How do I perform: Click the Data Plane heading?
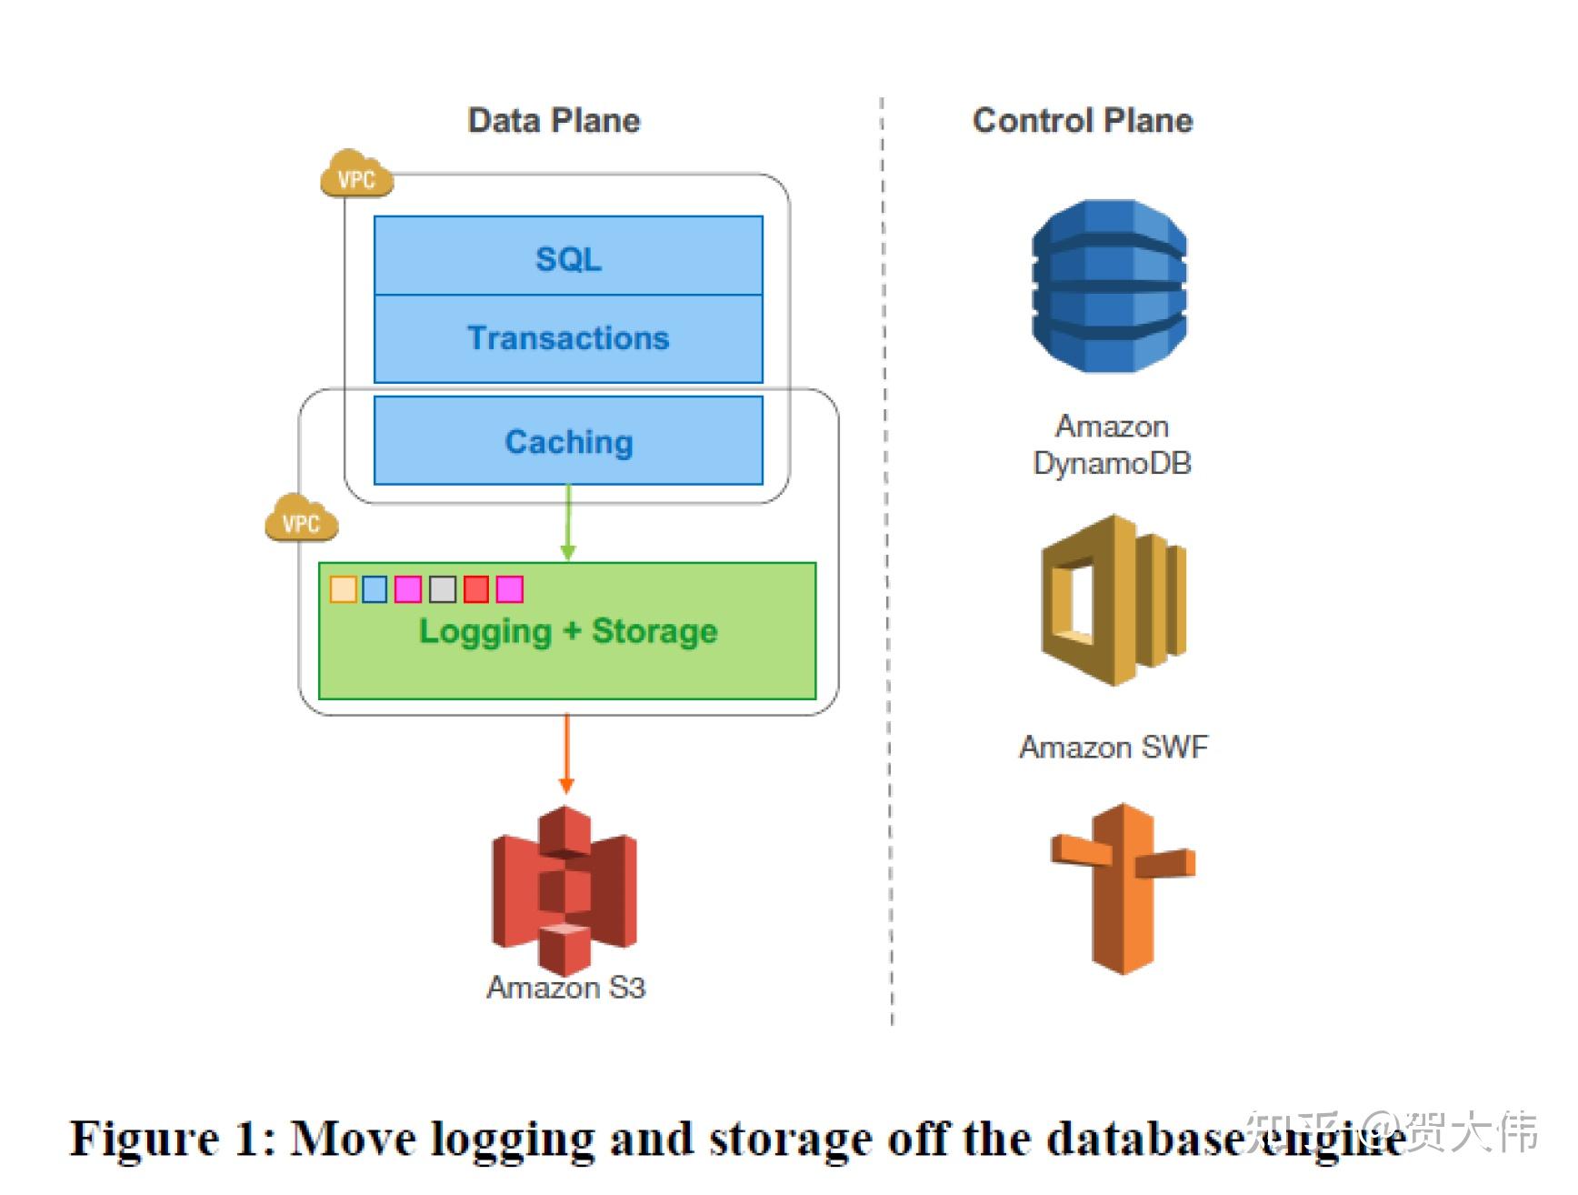pyautogui.click(x=554, y=121)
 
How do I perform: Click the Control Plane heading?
pyautogui.click(x=1082, y=121)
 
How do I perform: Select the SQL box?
pyautogui.click(x=568, y=257)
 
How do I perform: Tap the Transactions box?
pyautogui.click(x=568, y=338)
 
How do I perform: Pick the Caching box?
pyautogui.click(x=568, y=441)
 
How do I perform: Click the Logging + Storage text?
pyautogui.click(x=568, y=632)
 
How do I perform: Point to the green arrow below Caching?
pyautogui.click(x=568, y=523)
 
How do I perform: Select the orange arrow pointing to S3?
pyautogui.click(x=566, y=755)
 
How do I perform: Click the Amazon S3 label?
pyautogui.click(x=565, y=988)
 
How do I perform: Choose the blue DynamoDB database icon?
pyautogui.click(x=1109, y=286)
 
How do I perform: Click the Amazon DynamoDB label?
pyautogui.click(x=1112, y=445)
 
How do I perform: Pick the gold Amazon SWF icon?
pyautogui.click(x=1114, y=600)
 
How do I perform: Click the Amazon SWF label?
pyautogui.click(x=1114, y=748)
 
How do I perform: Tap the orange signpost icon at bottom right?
pyautogui.click(x=1124, y=888)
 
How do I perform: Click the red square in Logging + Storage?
pyautogui.click(x=476, y=589)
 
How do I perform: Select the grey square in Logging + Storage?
pyautogui.click(x=443, y=589)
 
